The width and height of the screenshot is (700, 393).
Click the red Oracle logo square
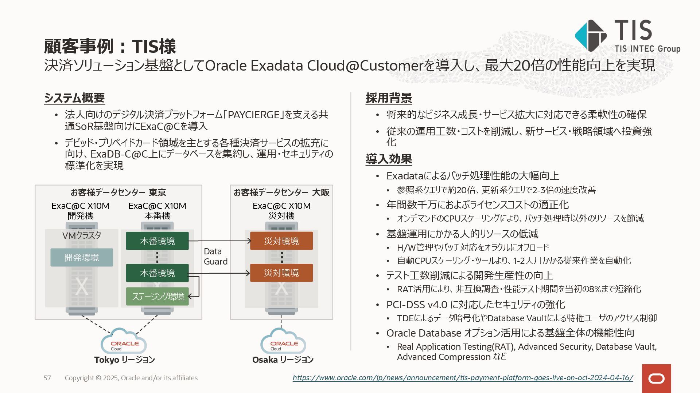[656, 378]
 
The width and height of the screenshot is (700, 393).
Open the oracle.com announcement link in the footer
[463, 378]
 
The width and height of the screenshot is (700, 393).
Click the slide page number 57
[47, 378]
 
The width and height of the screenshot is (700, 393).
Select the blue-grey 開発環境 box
[82, 258]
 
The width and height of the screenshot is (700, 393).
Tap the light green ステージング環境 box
[157, 297]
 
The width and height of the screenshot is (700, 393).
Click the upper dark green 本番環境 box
[157, 241]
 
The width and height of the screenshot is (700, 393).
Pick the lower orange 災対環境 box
[281, 273]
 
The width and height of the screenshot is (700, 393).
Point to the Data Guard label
[215, 257]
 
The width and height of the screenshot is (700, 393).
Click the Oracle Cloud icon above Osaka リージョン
[283, 342]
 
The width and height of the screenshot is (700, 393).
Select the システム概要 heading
[74, 98]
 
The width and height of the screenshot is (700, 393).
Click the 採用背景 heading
[389, 98]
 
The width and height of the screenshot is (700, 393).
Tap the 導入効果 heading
[389, 159]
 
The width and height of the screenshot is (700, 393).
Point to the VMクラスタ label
[82, 235]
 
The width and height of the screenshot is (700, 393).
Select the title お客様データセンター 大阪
[281, 192]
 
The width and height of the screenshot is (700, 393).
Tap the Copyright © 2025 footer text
[131, 378]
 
